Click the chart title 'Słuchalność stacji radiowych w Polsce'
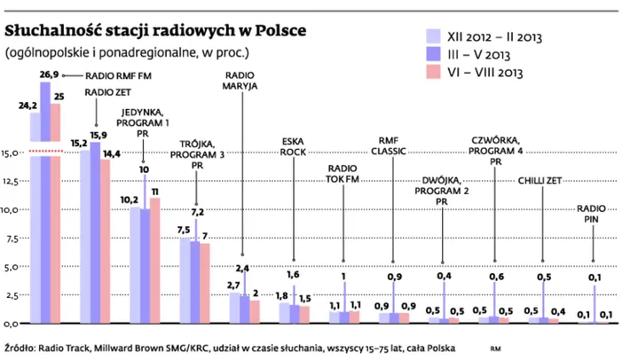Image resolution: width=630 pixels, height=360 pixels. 156,30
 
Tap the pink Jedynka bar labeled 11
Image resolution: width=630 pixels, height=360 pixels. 155,257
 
